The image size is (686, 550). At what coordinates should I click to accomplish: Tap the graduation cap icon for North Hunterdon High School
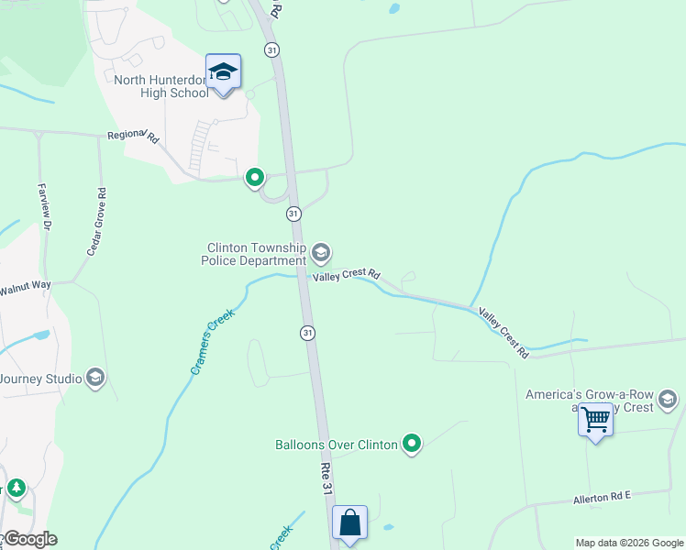click(223, 71)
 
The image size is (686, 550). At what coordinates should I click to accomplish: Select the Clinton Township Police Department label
click(256, 254)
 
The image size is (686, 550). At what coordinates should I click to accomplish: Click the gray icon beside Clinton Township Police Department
click(321, 252)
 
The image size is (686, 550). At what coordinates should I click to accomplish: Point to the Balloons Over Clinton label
click(337, 445)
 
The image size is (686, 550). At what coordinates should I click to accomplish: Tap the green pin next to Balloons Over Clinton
click(413, 445)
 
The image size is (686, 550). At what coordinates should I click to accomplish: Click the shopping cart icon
click(596, 420)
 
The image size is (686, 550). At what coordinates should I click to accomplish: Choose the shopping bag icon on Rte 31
click(349, 523)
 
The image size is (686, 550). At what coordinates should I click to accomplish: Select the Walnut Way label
click(25, 286)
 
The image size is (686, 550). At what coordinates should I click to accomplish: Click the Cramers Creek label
click(212, 342)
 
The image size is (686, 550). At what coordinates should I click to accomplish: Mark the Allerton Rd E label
click(602, 496)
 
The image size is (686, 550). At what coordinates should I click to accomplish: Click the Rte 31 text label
click(326, 478)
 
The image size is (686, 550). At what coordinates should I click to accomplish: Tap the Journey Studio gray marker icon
click(95, 378)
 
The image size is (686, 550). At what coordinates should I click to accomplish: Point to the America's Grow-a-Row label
click(588, 395)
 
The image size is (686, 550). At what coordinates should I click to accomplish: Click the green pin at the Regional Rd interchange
click(255, 178)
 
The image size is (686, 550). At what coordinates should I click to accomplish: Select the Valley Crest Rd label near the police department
click(347, 274)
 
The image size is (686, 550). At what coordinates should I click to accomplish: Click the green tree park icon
click(16, 488)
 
